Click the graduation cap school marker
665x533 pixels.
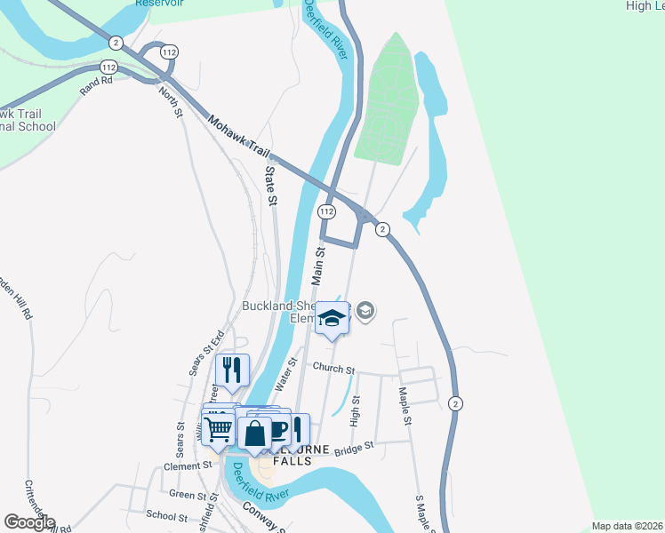(x=332, y=319)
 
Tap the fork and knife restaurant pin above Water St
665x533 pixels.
(x=232, y=370)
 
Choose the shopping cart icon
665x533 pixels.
(x=218, y=430)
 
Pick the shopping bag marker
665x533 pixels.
(x=255, y=434)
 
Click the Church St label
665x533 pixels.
(x=332, y=369)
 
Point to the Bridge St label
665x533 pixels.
(x=355, y=450)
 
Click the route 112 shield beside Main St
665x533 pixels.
(x=326, y=211)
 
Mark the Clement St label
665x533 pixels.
(x=187, y=465)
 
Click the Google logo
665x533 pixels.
(x=29, y=522)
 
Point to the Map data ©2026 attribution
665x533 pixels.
(x=627, y=526)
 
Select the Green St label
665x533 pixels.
(x=188, y=494)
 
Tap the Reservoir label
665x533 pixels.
(x=160, y=3)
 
